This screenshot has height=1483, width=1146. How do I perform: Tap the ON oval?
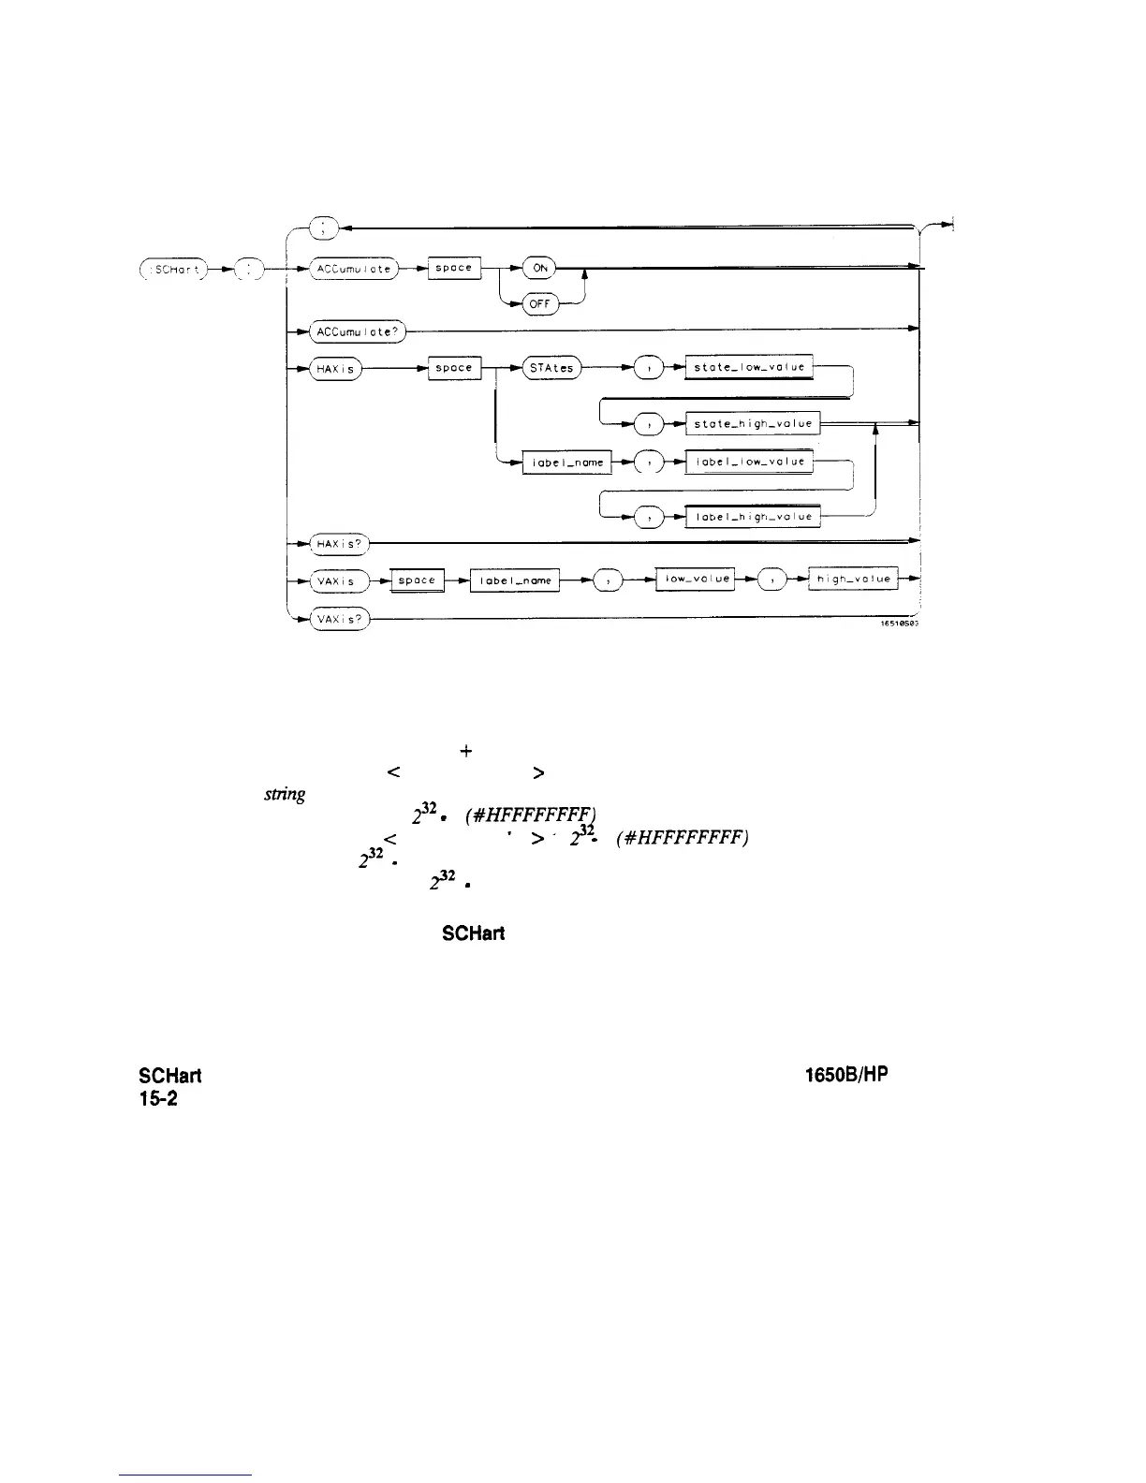[540, 268]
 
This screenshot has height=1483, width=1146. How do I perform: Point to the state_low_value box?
[749, 368]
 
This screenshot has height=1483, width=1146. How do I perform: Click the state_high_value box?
[753, 424]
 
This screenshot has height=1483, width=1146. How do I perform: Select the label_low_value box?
[749, 462]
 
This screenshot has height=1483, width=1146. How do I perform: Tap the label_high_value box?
[753, 516]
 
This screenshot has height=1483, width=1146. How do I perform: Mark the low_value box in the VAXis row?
[696, 580]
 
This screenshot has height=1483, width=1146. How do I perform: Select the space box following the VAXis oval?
[417, 580]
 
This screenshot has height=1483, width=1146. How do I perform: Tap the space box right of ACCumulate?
[454, 269]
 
